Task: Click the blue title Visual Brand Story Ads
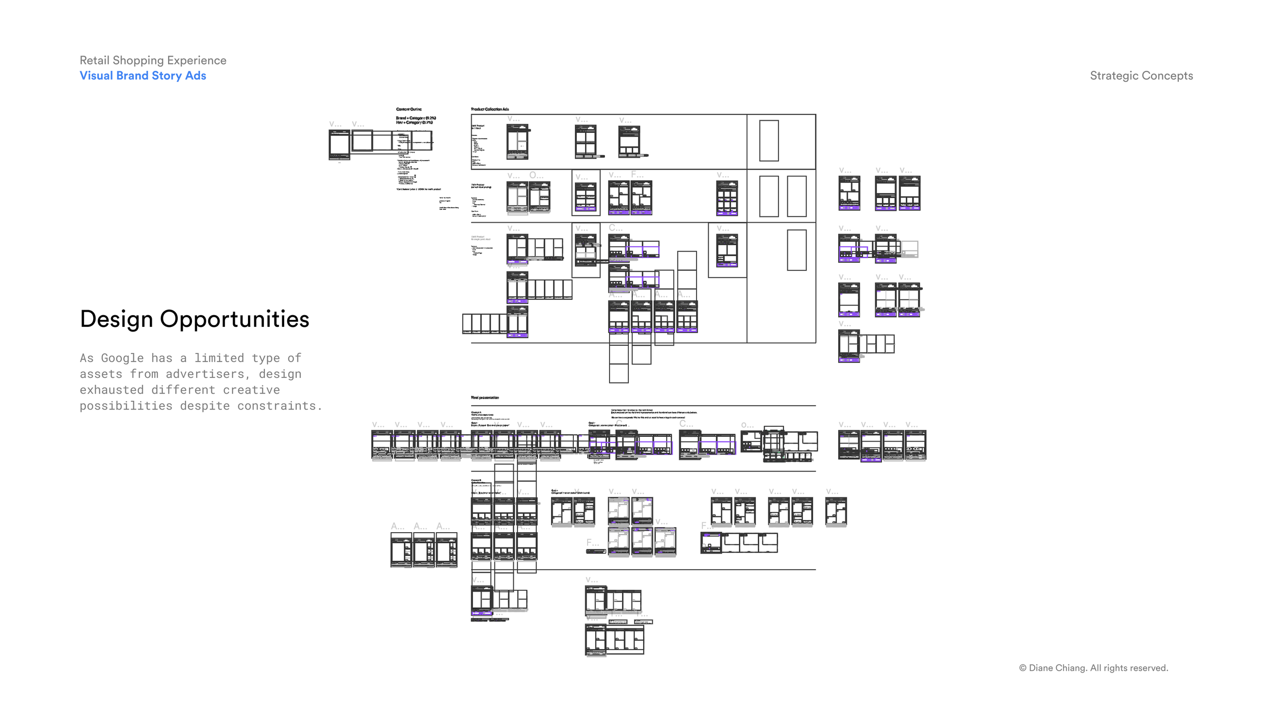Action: pyautogui.click(x=143, y=75)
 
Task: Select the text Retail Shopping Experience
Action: pyautogui.click(x=153, y=60)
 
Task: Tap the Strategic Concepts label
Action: pyautogui.click(x=1141, y=75)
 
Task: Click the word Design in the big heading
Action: pyautogui.click(x=116, y=319)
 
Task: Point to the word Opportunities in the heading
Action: pyautogui.click(x=234, y=319)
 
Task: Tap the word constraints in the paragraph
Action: pyautogui.click(x=280, y=406)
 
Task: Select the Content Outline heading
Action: pyautogui.click(x=409, y=109)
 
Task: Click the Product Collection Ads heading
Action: pyautogui.click(x=490, y=109)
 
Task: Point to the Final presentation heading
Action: pyautogui.click(x=485, y=397)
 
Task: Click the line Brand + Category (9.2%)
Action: pyautogui.click(x=416, y=118)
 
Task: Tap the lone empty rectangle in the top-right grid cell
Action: pyautogui.click(x=769, y=141)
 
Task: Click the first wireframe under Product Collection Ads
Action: pyautogui.click(x=517, y=142)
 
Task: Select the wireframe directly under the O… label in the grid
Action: pyautogui.click(x=539, y=197)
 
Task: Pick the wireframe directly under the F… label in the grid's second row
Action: pyautogui.click(x=641, y=198)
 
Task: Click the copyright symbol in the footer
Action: pyautogui.click(x=1022, y=668)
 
